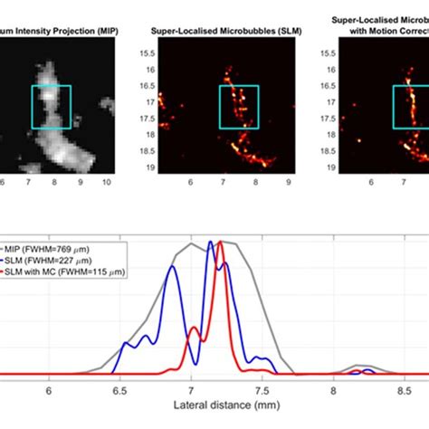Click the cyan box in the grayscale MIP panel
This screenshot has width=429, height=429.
tap(51, 107)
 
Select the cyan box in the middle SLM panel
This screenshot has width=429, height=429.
tap(239, 107)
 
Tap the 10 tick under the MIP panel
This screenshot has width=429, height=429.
tap(107, 182)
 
